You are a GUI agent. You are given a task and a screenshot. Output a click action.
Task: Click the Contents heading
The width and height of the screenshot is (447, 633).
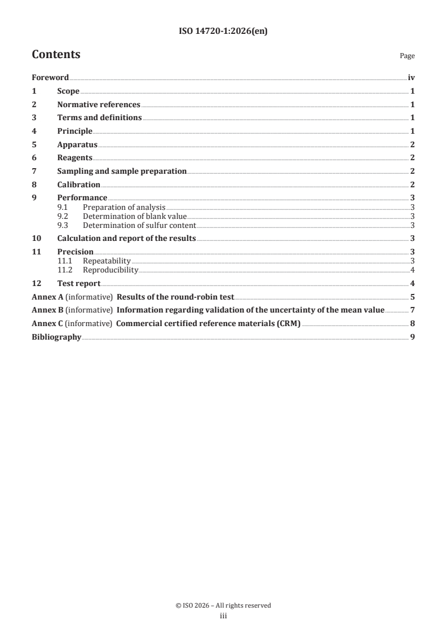[56, 55]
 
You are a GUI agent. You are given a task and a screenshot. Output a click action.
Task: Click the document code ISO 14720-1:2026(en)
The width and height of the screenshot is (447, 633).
[223, 32]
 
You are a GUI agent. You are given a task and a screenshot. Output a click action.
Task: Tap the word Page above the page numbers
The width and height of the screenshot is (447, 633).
[407, 56]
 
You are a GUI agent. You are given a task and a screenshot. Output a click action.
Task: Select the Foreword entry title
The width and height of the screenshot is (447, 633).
[50, 78]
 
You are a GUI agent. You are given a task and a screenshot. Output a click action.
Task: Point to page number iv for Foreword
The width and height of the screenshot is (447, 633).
[411, 78]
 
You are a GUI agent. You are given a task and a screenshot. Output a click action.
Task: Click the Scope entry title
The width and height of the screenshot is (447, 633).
[68, 91]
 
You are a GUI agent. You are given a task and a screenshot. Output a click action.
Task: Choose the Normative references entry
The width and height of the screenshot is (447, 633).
[99, 104]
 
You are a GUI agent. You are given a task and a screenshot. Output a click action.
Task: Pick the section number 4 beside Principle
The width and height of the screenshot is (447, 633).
[34, 131]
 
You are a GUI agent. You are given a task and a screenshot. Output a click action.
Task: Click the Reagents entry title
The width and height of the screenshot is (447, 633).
[75, 158]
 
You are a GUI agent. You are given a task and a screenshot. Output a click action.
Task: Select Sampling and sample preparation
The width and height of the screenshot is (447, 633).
[122, 171]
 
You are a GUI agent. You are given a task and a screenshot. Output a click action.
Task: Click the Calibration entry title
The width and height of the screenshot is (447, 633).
[79, 184]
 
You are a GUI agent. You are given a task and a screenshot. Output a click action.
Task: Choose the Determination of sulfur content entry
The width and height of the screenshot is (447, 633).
[139, 225]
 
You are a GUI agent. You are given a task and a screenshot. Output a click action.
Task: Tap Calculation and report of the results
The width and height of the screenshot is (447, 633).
[127, 239]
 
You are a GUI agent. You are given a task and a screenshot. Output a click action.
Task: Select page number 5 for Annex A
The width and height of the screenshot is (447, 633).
[413, 297]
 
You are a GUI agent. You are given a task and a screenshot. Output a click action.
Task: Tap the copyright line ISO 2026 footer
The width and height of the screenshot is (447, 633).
[223, 605]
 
